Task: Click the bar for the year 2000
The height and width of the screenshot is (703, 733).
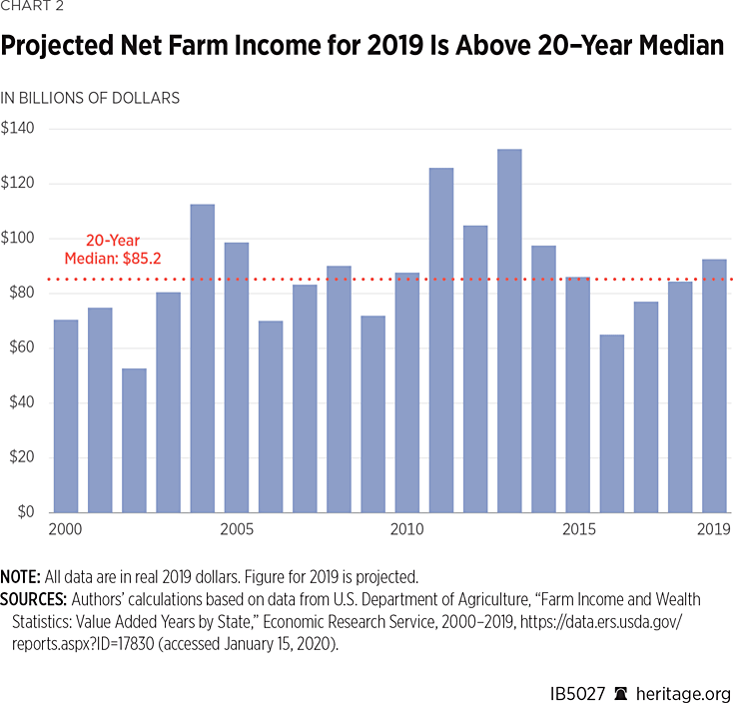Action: coord(66,416)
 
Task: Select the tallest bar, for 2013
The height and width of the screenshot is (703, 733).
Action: coord(509,331)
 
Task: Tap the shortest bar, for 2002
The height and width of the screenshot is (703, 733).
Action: coord(134,440)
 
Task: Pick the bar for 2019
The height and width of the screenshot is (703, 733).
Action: coord(714,385)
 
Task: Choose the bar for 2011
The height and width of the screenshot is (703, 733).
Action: coord(441,340)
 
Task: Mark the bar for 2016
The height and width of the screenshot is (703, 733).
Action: coord(612,423)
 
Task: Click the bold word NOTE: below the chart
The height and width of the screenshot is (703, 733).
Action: coord(21,577)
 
